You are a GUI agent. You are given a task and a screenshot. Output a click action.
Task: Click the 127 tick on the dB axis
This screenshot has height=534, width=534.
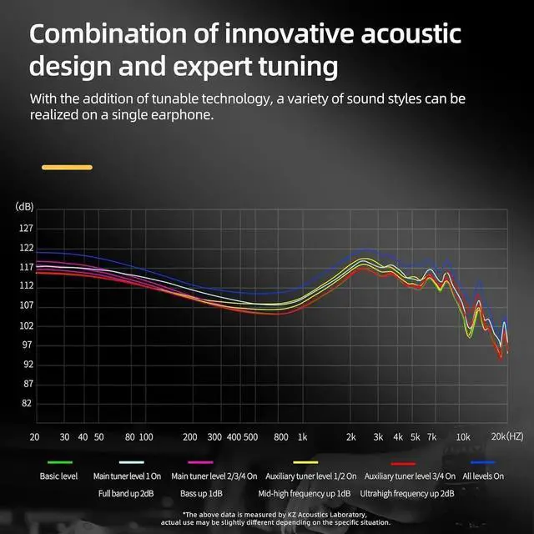(x=26, y=228)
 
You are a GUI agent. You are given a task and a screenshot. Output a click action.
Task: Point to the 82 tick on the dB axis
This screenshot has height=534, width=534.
(x=26, y=404)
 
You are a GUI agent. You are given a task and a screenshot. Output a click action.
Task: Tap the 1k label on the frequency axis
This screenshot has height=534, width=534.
(x=302, y=437)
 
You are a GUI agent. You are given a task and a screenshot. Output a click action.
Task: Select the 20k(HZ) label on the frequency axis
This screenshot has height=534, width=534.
(x=507, y=436)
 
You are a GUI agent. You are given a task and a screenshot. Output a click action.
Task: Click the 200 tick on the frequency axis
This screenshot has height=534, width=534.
(x=189, y=437)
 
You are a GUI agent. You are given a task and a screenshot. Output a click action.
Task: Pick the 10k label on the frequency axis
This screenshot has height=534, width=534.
(x=463, y=437)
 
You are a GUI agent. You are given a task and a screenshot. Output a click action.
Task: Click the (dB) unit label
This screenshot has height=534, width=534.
(x=24, y=206)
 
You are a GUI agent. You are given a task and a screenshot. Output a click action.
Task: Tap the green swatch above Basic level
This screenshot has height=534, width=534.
(x=60, y=462)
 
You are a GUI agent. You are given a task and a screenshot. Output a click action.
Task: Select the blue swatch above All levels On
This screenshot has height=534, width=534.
(x=482, y=462)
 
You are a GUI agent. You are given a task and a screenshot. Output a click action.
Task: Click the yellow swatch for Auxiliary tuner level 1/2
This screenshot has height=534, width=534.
(x=305, y=462)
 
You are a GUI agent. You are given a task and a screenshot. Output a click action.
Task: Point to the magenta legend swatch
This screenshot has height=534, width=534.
(x=200, y=462)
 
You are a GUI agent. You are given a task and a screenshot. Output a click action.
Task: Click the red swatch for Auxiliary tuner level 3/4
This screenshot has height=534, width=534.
(x=404, y=464)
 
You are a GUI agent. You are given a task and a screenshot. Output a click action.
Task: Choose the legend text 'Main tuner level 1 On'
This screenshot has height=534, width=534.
(x=127, y=476)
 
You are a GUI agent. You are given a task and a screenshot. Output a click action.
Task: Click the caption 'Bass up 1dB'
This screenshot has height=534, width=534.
(x=201, y=493)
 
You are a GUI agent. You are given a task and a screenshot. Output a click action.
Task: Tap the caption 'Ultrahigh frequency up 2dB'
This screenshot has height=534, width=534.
(x=407, y=493)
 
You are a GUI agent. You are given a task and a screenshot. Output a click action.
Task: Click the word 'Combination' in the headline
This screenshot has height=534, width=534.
(x=108, y=34)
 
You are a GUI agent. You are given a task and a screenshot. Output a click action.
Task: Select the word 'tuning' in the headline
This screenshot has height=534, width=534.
(x=299, y=67)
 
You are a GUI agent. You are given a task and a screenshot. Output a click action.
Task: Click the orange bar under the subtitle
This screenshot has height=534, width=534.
(x=67, y=167)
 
